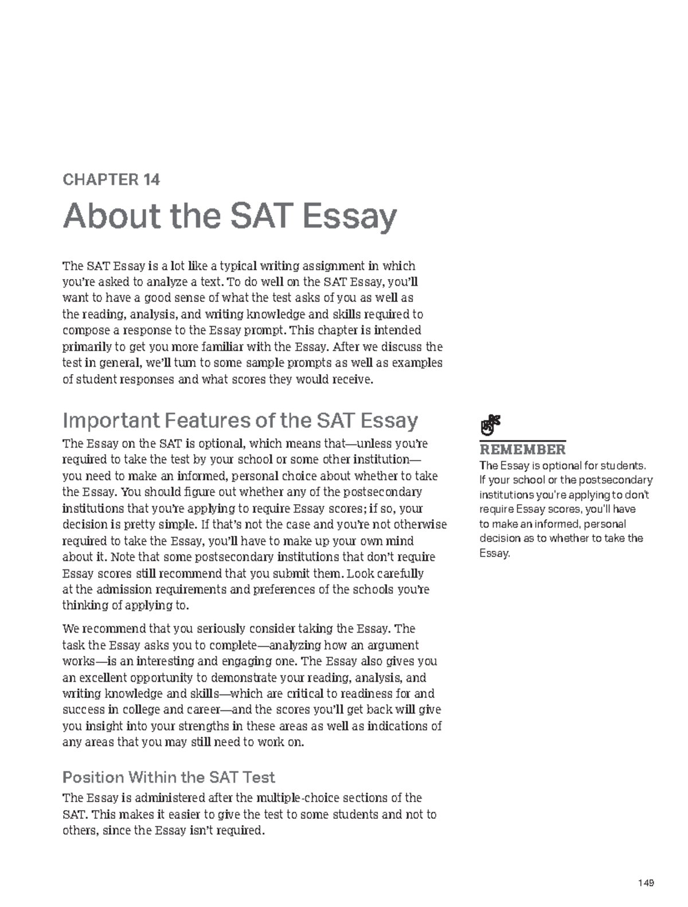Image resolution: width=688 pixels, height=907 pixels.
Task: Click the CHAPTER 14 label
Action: (111, 180)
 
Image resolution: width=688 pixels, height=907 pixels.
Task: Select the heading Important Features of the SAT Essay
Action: (240, 421)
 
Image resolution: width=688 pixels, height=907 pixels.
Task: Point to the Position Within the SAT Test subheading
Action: (169, 778)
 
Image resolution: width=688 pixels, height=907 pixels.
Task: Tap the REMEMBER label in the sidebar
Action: (522, 449)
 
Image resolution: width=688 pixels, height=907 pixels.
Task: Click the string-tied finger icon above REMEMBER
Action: (490, 425)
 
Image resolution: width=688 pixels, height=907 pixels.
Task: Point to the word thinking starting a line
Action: (84, 606)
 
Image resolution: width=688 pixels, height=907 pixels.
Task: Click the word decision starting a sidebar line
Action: (499, 539)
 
